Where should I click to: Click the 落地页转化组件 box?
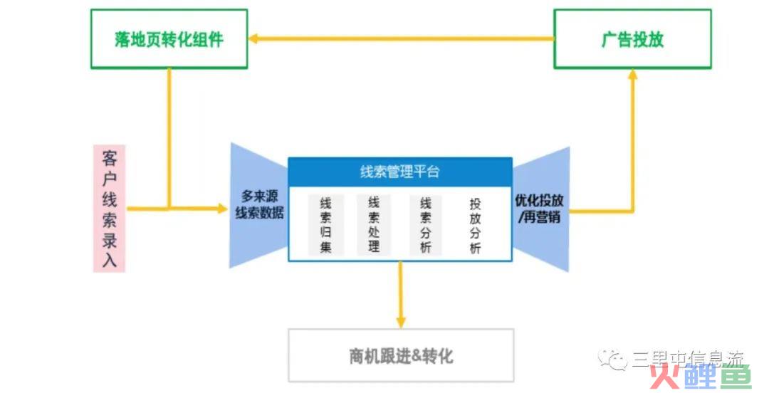pyautogui.click(x=169, y=39)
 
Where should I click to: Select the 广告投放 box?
pyautogui.click(x=632, y=39)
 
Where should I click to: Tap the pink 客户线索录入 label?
pyautogui.click(x=109, y=209)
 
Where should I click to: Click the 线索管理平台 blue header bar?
pyautogui.click(x=399, y=172)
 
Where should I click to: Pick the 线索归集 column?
pyautogui.click(x=325, y=224)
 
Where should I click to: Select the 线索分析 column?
pyautogui.click(x=426, y=224)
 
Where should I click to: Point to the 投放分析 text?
pyautogui.click(x=475, y=225)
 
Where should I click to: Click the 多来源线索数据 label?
pyautogui.click(x=260, y=204)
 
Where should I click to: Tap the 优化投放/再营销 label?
pyautogui.click(x=539, y=207)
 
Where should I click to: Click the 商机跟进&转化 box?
pyautogui.click(x=401, y=355)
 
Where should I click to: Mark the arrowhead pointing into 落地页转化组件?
pyautogui.click(x=253, y=39)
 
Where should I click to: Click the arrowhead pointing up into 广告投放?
pyautogui.click(x=632, y=75)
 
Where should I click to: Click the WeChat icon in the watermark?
pyautogui.click(x=612, y=359)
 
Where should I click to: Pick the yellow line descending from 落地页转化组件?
pyautogui.click(x=169, y=135)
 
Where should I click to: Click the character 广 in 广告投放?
pyautogui.click(x=609, y=39)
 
